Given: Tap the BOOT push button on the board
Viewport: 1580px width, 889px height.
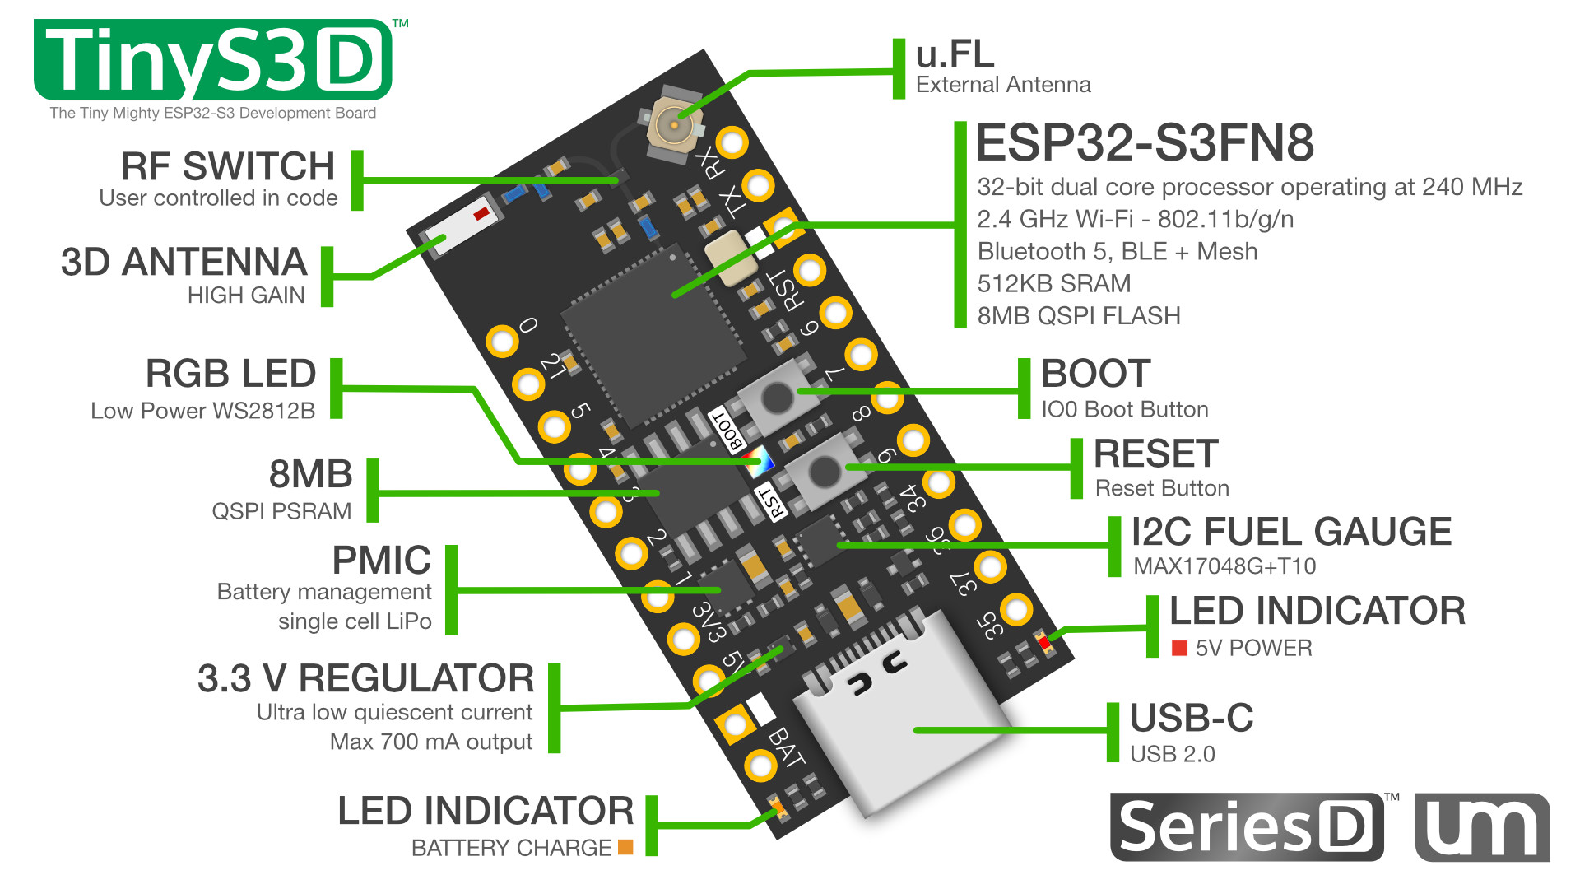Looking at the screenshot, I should pos(777,398).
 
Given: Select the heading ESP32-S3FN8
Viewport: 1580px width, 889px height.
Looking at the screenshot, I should pos(1144,143).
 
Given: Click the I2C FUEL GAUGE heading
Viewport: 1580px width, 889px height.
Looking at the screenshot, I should pos(1290,533).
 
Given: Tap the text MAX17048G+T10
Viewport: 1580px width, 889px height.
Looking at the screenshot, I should pos(1224,566).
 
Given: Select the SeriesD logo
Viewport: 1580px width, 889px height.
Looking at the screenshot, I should pos(1246,826).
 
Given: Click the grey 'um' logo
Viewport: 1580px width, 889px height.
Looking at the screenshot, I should pos(1482,827).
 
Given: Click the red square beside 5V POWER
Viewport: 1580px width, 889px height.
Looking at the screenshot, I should pos(1179,649).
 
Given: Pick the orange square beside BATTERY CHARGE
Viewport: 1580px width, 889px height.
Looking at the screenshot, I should pos(625,846).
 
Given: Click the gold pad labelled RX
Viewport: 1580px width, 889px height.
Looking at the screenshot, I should pos(731,142).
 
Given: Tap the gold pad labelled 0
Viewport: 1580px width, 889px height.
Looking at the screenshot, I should pos(502,341).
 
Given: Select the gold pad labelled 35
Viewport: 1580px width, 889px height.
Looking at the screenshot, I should pos(1016,610).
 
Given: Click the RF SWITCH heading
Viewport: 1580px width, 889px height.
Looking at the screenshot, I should pos(228,166).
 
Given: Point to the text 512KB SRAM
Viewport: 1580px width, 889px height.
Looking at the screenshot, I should pos(1053,284).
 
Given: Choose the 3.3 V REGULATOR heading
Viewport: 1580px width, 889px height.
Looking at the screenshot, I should pos(365,679).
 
